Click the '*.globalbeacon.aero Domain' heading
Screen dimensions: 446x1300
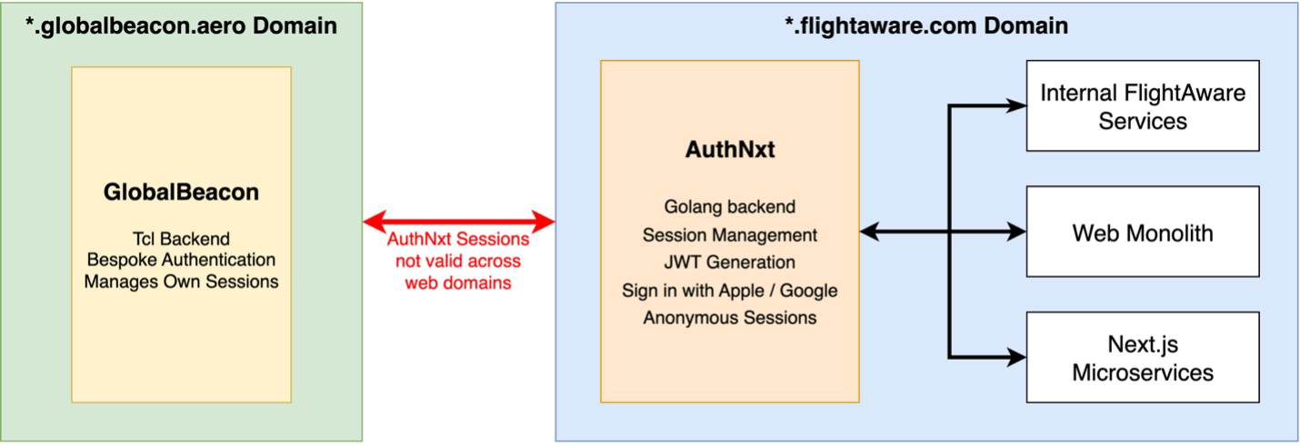coord(182,25)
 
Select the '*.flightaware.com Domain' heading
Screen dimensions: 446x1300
coord(926,25)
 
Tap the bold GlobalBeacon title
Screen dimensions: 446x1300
coord(181,193)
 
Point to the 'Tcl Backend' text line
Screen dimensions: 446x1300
coord(181,239)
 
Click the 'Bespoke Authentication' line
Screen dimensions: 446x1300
coord(181,260)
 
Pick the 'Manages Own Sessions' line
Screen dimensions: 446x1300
coord(181,281)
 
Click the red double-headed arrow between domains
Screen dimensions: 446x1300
coord(459,221)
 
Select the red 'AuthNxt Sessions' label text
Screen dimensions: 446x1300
coord(459,241)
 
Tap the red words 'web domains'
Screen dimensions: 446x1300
coord(459,282)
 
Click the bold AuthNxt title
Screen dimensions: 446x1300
coord(729,150)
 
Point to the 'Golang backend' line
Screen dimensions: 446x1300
coord(729,207)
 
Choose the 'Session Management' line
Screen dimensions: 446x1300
coord(729,235)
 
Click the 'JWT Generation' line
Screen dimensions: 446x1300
coord(729,263)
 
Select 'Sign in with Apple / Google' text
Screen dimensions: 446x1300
coord(729,291)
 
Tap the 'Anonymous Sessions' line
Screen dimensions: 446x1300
coord(729,318)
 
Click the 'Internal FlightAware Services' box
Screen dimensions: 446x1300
coord(1143,105)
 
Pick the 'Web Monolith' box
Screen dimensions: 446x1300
coord(1143,233)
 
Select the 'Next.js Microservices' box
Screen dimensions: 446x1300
coord(1143,358)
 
